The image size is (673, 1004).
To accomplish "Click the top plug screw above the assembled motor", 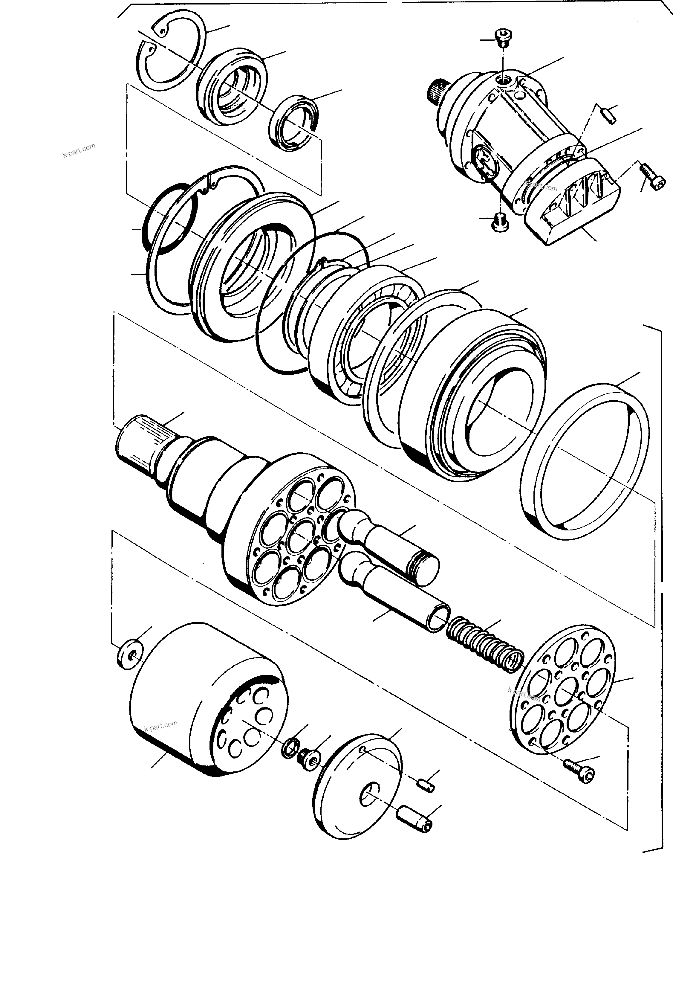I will click(x=501, y=38).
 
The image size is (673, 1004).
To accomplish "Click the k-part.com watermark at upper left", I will click(x=79, y=151).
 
